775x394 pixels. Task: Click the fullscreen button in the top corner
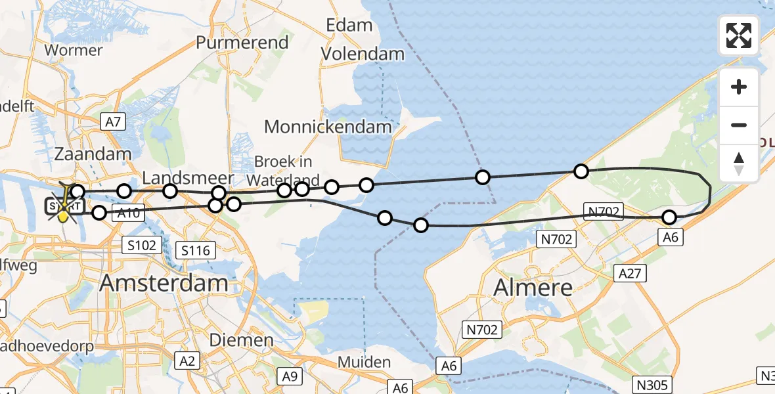tap(739, 35)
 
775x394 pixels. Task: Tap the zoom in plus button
tap(739, 87)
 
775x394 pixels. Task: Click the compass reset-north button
tap(739, 163)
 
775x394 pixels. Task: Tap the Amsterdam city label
tap(164, 283)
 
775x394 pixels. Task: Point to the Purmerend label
tap(242, 43)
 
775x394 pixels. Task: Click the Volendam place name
tap(363, 54)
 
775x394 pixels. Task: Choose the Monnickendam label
tap(328, 126)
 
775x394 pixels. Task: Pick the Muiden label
tap(364, 362)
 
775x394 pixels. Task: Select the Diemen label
tap(241, 339)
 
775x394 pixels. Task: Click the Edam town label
tap(349, 26)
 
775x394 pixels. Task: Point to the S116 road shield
tap(196, 249)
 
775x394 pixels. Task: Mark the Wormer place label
tap(73, 50)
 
